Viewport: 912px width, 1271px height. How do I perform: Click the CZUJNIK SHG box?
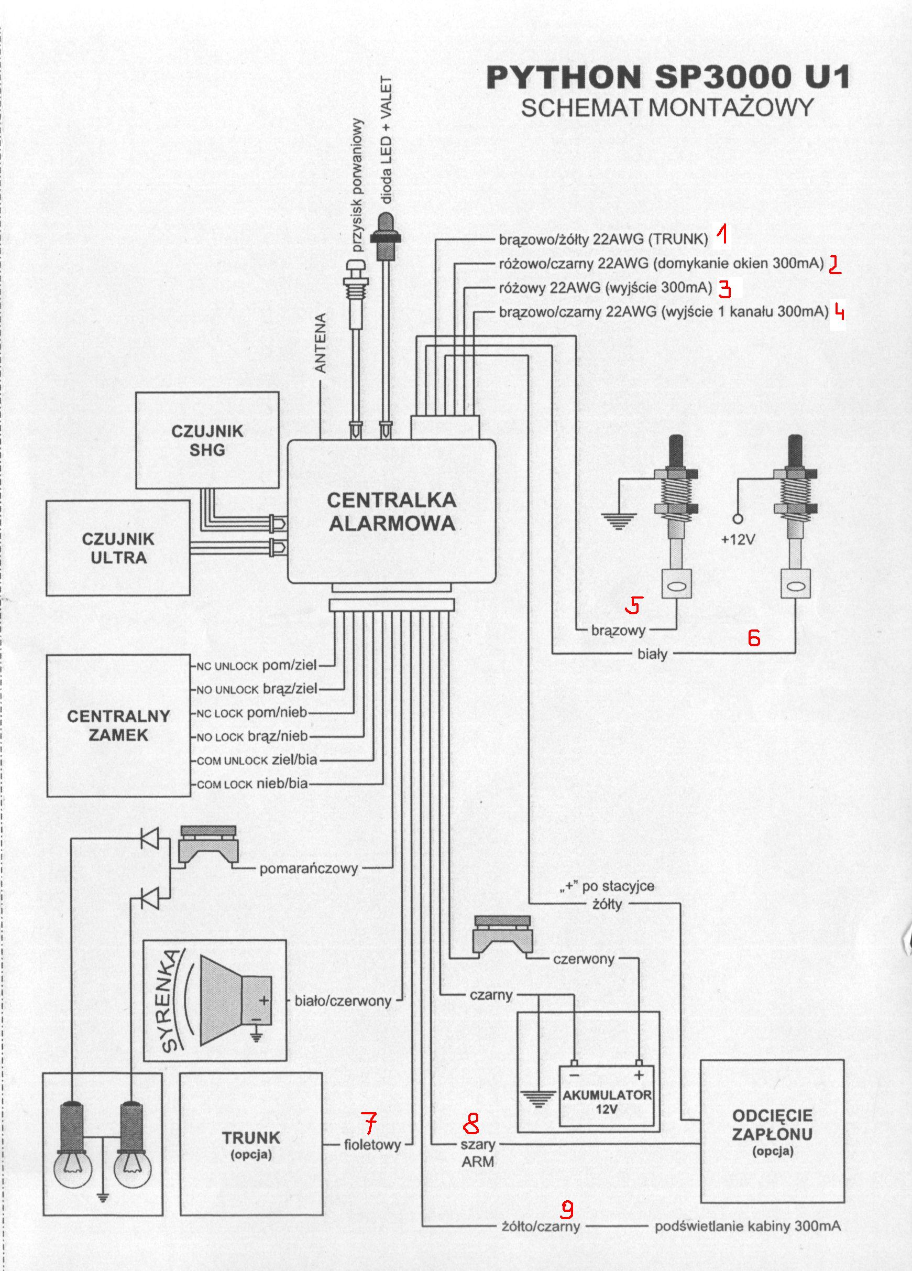(x=207, y=440)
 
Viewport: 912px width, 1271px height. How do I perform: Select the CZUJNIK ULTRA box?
(x=118, y=548)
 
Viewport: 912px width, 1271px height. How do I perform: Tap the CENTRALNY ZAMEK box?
(x=118, y=725)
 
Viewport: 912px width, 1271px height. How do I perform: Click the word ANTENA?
(x=320, y=343)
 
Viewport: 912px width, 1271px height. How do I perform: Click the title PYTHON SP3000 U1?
(x=667, y=78)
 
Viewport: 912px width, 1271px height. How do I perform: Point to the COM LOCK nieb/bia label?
(x=252, y=784)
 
